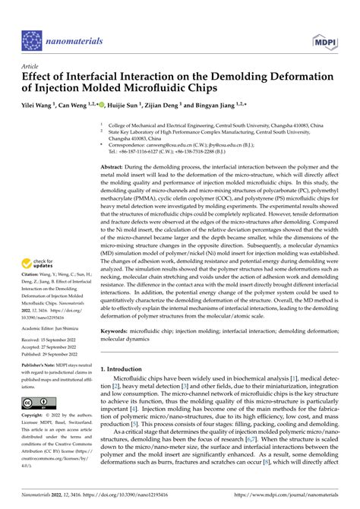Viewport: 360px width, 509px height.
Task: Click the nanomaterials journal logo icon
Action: (x=33, y=39)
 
